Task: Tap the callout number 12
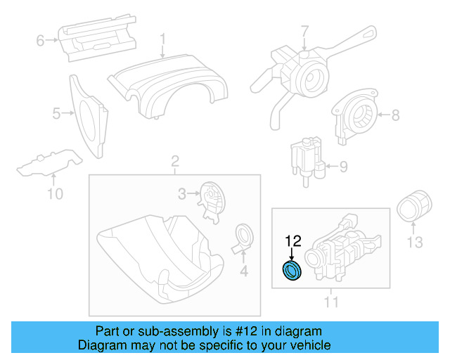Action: point(292,242)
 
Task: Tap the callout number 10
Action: point(54,193)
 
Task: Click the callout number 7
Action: point(304,31)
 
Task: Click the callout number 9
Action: point(343,167)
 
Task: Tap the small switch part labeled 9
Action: point(307,158)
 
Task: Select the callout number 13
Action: point(415,243)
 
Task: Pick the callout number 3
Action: point(181,193)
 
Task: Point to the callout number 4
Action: point(243,271)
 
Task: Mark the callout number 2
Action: point(174,165)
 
